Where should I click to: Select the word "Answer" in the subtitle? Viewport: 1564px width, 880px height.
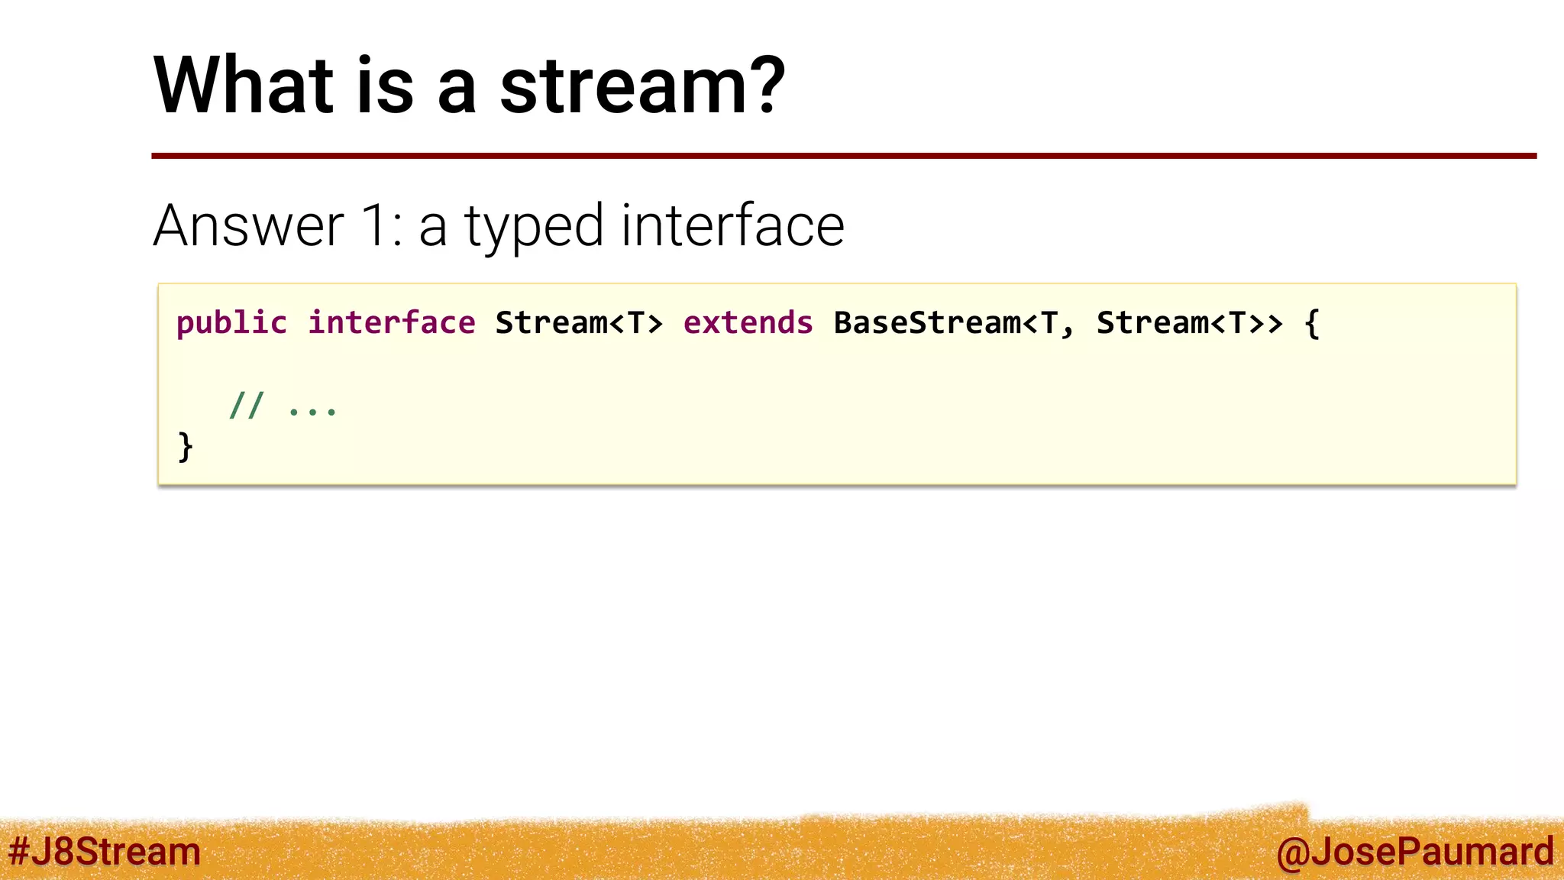pos(249,226)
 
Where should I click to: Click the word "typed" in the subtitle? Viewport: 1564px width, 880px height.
pos(534,228)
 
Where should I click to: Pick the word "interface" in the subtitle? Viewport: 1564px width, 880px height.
pos(732,226)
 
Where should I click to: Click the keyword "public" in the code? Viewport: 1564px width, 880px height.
pos(231,323)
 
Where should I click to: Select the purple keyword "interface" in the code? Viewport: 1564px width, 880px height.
pos(391,323)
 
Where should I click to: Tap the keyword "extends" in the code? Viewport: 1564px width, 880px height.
pos(748,323)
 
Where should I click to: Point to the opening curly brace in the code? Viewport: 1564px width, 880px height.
pos(1311,323)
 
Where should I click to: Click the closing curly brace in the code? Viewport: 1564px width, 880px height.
pos(185,446)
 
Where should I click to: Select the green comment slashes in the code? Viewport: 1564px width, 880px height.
pos(246,406)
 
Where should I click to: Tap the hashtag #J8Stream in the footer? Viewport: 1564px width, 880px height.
pos(105,851)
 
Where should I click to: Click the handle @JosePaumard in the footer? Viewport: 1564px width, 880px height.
pos(1414,851)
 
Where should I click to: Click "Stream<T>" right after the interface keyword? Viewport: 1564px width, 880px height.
pos(579,323)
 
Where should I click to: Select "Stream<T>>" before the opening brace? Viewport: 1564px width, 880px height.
pos(1189,323)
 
